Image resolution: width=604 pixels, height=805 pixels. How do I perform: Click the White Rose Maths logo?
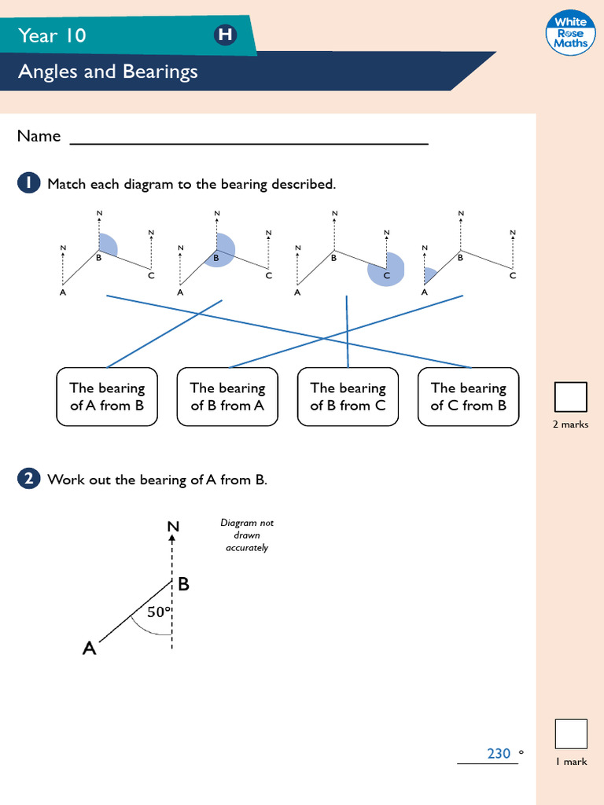pyautogui.click(x=570, y=33)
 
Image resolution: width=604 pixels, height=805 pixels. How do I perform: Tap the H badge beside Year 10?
pyautogui.click(x=225, y=35)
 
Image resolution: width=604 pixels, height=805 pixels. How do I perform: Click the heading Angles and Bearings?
pyautogui.click(x=108, y=72)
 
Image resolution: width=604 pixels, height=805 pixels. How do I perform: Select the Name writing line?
pyautogui.click(x=249, y=142)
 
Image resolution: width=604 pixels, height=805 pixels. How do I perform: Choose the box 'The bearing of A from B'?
pyautogui.click(x=107, y=397)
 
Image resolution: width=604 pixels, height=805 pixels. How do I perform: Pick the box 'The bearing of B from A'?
pyautogui.click(x=227, y=397)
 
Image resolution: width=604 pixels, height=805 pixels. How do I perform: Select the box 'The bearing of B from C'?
pyautogui.click(x=348, y=397)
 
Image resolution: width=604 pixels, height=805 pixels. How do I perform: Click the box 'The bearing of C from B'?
pyautogui.click(x=468, y=397)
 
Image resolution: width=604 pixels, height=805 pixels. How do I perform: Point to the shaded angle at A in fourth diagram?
pyautogui.click(x=429, y=275)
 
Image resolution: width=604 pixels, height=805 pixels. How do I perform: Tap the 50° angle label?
pyautogui.click(x=160, y=612)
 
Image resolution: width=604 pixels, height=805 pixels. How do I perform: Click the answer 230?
pyautogui.click(x=499, y=753)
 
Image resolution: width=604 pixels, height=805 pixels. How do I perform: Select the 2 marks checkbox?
pyautogui.click(x=570, y=397)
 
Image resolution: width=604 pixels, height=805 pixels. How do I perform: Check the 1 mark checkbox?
pyautogui.click(x=570, y=733)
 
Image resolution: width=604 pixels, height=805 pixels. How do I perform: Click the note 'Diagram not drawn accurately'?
pyautogui.click(x=247, y=535)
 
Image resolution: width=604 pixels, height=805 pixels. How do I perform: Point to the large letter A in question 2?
pyautogui.click(x=90, y=649)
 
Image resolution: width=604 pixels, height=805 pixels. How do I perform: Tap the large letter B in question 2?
pyautogui.click(x=183, y=584)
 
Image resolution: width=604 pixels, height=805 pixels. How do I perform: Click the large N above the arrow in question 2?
pyautogui.click(x=173, y=527)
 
